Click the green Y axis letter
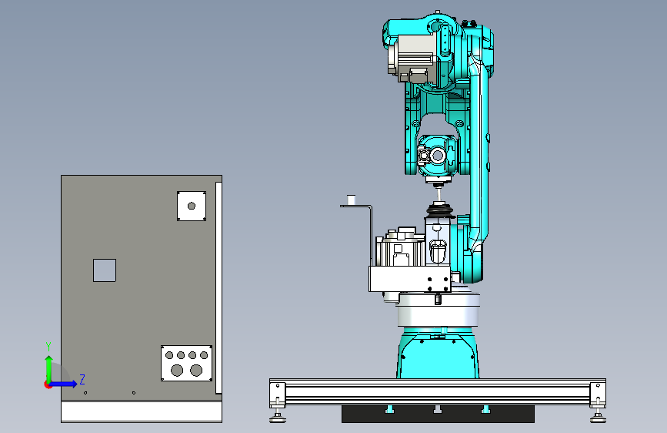[48, 347]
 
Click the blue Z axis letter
[82, 379]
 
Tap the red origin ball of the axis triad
[48, 384]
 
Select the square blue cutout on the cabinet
[105, 270]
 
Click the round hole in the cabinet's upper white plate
[192, 206]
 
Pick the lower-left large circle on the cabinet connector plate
[177, 371]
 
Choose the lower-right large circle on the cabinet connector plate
[196, 371]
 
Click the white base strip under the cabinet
[142, 411]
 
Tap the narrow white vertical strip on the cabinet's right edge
[218, 287]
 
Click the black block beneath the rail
[438, 414]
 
